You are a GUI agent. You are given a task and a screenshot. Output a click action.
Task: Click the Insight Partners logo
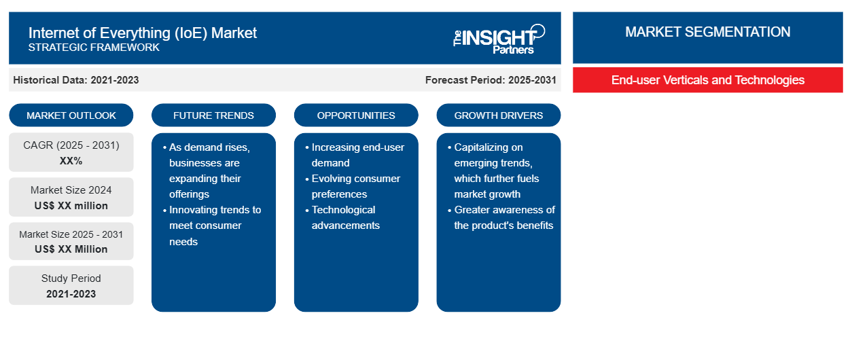tap(499, 39)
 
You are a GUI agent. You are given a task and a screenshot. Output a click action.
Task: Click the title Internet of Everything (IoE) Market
tap(142, 33)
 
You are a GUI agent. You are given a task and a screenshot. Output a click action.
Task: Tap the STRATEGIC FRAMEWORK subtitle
tap(94, 48)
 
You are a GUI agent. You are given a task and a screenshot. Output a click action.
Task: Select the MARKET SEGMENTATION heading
tap(707, 32)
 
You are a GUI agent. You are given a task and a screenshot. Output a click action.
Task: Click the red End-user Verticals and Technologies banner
tap(707, 80)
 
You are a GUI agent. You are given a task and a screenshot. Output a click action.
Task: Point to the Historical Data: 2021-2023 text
tap(76, 80)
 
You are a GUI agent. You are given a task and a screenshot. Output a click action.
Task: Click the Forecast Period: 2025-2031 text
tap(491, 80)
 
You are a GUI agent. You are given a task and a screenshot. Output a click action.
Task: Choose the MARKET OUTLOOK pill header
tap(71, 115)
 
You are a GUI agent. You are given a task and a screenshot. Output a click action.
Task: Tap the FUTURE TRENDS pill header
tap(213, 115)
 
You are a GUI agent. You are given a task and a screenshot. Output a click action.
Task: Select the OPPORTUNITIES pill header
tap(356, 115)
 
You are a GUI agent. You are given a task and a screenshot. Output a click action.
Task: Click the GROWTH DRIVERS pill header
tap(498, 115)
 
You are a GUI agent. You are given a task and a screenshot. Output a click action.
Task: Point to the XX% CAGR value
tap(71, 161)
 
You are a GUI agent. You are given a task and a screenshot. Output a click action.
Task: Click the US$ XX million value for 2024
tap(71, 206)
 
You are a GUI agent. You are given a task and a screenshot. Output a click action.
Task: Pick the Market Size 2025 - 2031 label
tap(71, 234)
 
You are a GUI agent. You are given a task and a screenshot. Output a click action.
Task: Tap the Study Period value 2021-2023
tap(71, 294)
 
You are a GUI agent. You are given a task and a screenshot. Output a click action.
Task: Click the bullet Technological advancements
tap(342, 217)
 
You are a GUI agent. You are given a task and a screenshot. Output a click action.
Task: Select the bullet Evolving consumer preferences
tap(353, 186)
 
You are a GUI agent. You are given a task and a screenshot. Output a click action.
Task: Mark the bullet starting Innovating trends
tap(212, 226)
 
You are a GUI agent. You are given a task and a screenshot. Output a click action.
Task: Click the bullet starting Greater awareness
tap(501, 217)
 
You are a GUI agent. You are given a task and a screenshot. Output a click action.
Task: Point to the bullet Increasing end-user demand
tap(355, 155)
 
